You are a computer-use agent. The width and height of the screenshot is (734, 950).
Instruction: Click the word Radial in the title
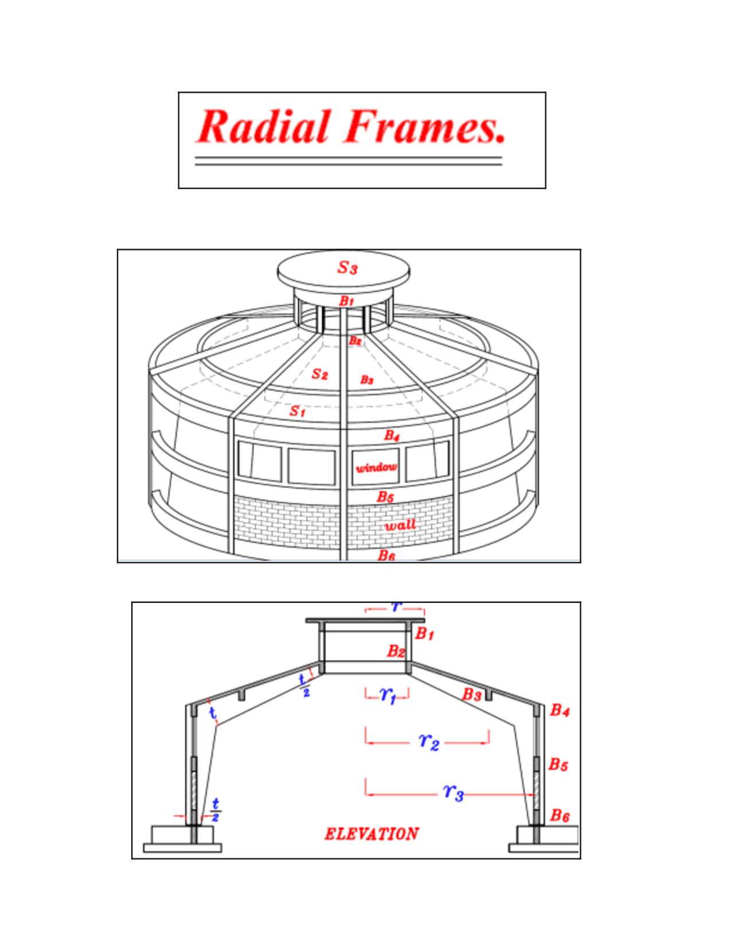[264, 127]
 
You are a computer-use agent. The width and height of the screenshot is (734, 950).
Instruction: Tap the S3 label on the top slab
[348, 267]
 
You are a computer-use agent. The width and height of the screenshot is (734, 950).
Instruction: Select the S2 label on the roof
[319, 374]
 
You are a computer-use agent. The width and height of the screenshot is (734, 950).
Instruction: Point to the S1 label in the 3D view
[297, 411]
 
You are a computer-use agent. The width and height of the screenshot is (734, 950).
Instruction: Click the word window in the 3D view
[376, 467]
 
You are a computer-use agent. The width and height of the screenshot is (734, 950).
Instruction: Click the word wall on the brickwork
[400, 525]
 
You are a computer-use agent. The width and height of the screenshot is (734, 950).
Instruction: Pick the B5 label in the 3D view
[385, 497]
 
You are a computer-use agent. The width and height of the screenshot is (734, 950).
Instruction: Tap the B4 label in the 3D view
[392, 435]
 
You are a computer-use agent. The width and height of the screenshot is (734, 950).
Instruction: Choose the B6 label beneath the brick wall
[386, 555]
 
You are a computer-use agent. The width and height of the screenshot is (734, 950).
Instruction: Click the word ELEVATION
[372, 834]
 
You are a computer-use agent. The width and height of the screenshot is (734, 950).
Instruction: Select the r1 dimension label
[388, 695]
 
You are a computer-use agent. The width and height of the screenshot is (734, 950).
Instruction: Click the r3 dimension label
[453, 792]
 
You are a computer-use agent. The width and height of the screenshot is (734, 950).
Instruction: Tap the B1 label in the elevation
[424, 634]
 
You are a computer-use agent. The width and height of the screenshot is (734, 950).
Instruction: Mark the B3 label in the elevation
[471, 695]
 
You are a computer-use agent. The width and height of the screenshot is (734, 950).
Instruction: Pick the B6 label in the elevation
[560, 815]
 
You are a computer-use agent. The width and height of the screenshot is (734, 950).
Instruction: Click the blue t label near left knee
[212, 712]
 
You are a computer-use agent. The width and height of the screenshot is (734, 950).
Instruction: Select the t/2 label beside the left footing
[216, 809]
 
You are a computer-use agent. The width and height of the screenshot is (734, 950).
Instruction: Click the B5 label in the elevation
[558, 764]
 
